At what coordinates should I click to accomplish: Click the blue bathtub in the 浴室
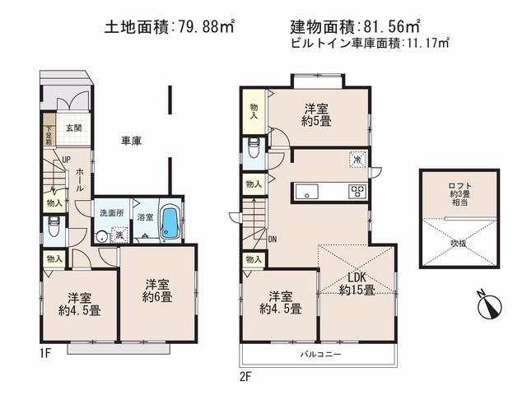click(x=170, y=222)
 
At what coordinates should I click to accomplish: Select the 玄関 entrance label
click(x=74, y=127)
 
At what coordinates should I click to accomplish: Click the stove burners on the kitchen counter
click(x=357, y=192)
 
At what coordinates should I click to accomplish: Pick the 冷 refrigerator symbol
click(x=357, y=160)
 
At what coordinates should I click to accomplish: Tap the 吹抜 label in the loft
click(x=458, y=243)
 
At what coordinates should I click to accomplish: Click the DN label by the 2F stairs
click(x=273, y=239)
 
